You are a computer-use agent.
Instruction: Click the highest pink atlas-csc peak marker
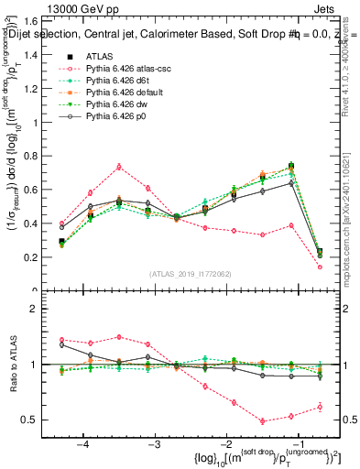pos(119,166)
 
